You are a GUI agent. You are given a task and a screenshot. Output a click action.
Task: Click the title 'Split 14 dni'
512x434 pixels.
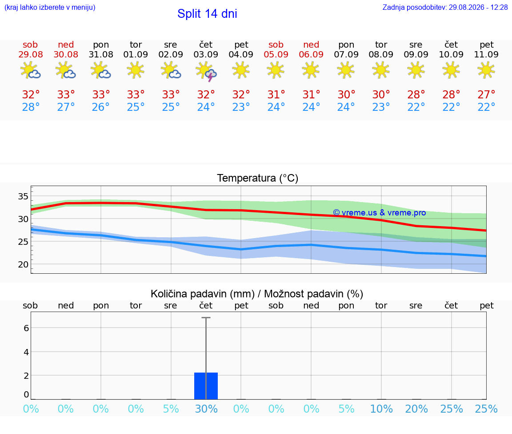point(207,14)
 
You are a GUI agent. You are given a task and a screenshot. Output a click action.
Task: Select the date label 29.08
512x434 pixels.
point(30,54)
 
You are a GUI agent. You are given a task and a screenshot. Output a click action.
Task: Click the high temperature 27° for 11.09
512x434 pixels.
point(486,94)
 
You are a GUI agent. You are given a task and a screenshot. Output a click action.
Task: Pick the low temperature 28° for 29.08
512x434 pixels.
point(31,107)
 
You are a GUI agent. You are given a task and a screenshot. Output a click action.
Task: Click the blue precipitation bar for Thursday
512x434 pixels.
point(206,386)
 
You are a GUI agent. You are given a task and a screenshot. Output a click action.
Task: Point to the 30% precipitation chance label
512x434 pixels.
point(206,409)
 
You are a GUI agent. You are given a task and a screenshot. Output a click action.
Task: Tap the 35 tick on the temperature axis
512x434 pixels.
point(23,197)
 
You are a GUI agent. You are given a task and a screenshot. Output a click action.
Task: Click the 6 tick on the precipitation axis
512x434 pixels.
point(26,328)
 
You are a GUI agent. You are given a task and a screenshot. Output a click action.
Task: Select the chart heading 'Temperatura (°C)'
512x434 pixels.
point(258,178)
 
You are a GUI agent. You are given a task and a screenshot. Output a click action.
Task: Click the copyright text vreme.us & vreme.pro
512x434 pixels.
point(380,213)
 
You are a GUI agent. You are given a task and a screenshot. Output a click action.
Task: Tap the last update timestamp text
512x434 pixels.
point(445,7)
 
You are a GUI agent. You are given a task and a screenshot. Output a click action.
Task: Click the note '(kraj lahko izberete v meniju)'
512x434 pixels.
point(50,7)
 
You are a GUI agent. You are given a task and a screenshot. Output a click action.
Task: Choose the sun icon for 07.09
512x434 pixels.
point(346,70)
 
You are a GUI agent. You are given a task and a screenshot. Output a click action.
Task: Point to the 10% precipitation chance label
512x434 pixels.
point(381,409)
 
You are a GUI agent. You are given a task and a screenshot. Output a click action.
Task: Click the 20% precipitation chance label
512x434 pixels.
point(416,409)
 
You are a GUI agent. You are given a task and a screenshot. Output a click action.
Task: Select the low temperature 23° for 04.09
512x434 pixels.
point(241,107)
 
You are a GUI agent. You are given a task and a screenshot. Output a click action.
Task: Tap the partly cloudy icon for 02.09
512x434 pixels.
point(171,70)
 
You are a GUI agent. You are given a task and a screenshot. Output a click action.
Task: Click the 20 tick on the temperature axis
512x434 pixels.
point(23,264)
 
